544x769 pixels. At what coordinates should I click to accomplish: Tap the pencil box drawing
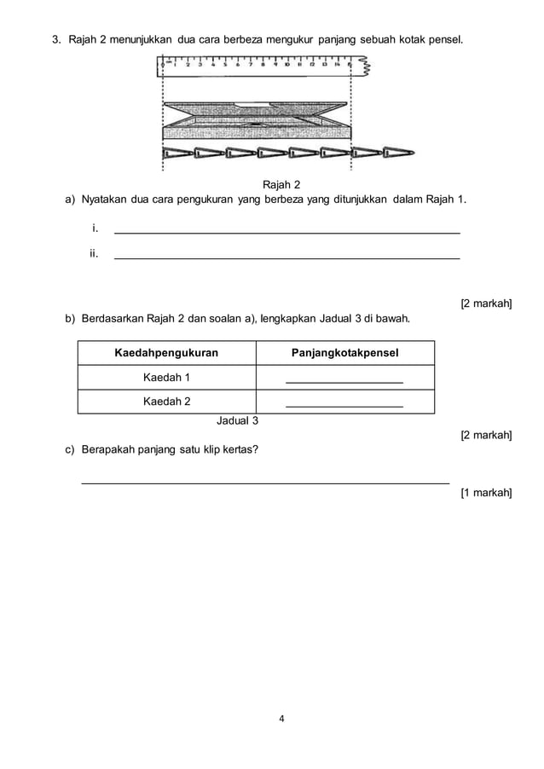coord(257,119)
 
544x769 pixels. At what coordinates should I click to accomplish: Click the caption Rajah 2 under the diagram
coord(281,184)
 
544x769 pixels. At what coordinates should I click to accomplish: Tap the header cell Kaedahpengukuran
coord(167,353)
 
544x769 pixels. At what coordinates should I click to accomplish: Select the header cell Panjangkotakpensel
coord(344,353)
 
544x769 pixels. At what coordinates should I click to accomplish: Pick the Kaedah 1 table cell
coord(167,378)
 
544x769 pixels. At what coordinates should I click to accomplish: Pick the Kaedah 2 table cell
coord(167,402)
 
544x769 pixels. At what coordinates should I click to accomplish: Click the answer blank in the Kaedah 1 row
coord(344,382)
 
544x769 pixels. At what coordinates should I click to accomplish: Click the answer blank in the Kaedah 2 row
coord(344,406)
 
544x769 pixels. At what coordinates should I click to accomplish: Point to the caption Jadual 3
coord(238,420)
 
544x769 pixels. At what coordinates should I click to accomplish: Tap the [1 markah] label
coord(486,492)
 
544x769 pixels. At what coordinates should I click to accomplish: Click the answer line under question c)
coord(264,483)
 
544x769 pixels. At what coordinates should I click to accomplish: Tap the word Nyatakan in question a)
coord(107,199)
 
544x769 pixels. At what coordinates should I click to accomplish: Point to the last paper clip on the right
coord(398,153)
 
